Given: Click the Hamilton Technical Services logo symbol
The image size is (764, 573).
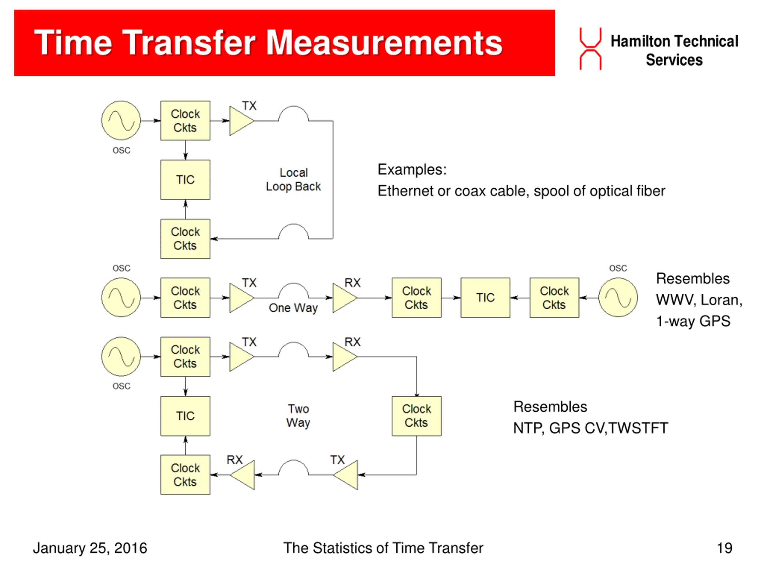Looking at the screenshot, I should pos(590,49).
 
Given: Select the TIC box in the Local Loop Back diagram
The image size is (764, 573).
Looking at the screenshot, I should pos(185,180).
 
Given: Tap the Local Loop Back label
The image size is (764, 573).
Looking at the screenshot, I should pos(293,180).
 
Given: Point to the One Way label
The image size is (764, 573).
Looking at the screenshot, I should pos(293,307).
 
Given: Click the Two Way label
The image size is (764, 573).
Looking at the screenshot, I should pos(298,415).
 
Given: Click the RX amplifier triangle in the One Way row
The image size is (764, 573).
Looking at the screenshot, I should pos(344,298).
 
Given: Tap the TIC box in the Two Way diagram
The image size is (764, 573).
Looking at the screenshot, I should pos(185,416).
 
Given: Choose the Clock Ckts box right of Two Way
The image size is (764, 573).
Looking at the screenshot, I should pos(416,416).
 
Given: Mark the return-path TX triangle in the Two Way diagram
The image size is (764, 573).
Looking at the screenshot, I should pos(346,475).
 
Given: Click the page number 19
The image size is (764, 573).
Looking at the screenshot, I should pos(724,548).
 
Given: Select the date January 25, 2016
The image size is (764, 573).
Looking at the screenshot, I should pos(90,548).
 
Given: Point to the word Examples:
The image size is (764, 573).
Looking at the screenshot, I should pos(412,170).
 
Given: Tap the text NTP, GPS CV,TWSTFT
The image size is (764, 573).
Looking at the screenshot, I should pos(590,428).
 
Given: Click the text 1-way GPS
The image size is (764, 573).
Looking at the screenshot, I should pos(693,321).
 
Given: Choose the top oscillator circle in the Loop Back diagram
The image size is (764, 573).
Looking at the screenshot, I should pos(121,121).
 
